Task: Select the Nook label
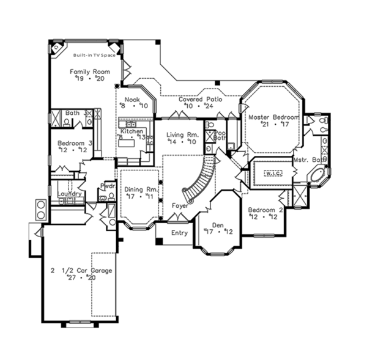[x=132, y=99]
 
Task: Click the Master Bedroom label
[x=273, y=117]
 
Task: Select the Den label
[x=218, y=224]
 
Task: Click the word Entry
[x=179, y=233]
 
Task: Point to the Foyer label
[x=180, y=205]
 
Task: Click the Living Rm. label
[x=181, y=134]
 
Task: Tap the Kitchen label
[x=132, y=132]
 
